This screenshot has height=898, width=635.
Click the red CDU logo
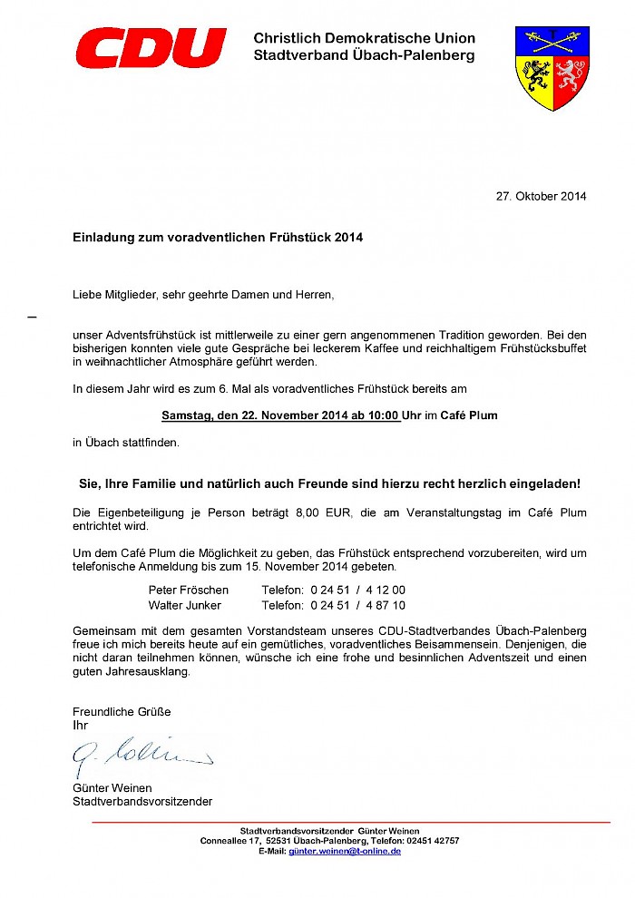[x=151, y=48]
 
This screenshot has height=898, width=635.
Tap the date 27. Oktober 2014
[x=541, y=196]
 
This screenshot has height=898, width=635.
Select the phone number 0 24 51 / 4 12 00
[x=357, y=590]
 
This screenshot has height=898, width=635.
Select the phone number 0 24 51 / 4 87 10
[x=357, y=605]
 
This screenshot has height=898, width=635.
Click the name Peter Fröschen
[x=188, y=590]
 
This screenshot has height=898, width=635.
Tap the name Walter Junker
[x=184, y=605]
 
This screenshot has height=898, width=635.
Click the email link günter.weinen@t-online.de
[x=345, y=852]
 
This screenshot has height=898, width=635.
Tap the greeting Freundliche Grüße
[x=122, y=711]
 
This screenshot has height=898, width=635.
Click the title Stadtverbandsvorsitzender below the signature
[x=142, y=801]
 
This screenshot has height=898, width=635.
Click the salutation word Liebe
[x=87, y=294]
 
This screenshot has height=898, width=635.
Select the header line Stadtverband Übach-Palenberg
[x=364, y=55]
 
